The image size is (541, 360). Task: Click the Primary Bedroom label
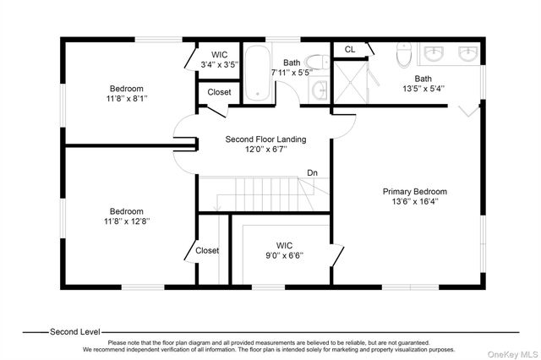tap(415, 191)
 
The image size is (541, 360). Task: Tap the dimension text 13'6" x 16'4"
tap(415, 201)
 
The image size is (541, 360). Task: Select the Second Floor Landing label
tap(265, 139)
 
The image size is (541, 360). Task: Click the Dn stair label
tap(312, 172)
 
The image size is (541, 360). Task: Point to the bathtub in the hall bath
tap(257, 74)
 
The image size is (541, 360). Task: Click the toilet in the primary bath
tap(404, 55)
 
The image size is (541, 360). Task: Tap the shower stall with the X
tap(350, 82)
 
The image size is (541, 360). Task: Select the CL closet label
tap(350, 49)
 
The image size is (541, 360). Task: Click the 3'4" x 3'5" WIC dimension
tap(220, 64)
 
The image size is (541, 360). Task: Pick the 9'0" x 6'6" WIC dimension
tap(284, 255)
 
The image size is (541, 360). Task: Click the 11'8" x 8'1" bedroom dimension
tap(127, 99)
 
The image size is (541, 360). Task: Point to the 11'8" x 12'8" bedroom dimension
tap(127, 221)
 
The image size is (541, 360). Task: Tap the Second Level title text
tap(75, 332)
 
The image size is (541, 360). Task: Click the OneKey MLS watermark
tap(512, 354)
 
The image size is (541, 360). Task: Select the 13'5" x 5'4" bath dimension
tap(424, 89)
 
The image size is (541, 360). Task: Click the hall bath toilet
tap(317, 62)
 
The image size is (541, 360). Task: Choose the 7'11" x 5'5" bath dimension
tap(292, 73)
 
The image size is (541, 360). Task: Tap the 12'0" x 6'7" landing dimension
tap(266, 150)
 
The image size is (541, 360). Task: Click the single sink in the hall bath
tap(319, 90)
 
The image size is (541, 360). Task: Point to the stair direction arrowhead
tap(216, 208)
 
